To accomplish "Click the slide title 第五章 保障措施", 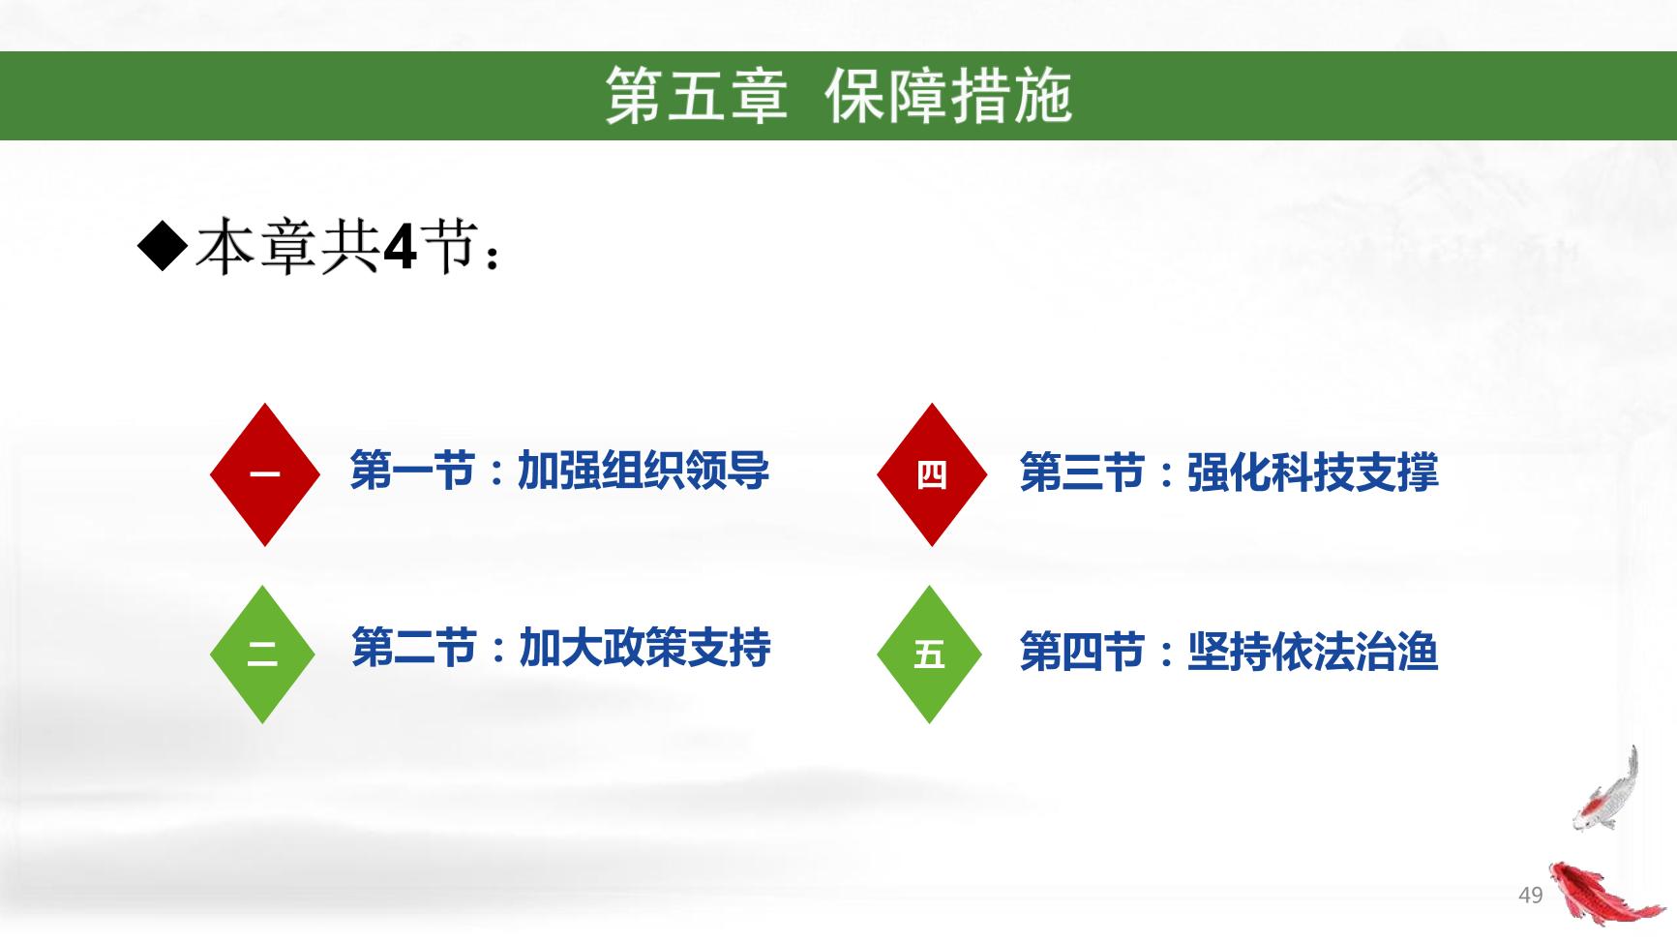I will [838, 96].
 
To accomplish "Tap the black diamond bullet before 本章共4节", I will [163, 248].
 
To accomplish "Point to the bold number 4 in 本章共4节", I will [400, 250].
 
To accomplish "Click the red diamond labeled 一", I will [264, 474].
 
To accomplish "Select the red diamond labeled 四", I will [931, 474].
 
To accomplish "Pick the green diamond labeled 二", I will [262, 654].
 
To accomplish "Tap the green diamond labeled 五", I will [929, 654].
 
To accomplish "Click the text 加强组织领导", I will [644, 471].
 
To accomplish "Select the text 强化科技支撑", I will [1313, 472].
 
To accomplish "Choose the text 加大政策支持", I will [645, 648].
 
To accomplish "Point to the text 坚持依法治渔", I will [1313, 652].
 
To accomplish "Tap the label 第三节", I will [1082, 472].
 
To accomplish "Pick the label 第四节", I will [1082, 652].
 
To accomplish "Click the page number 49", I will [1530, 895].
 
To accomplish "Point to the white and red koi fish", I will [1606, 792].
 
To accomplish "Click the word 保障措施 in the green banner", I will [948, 96].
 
